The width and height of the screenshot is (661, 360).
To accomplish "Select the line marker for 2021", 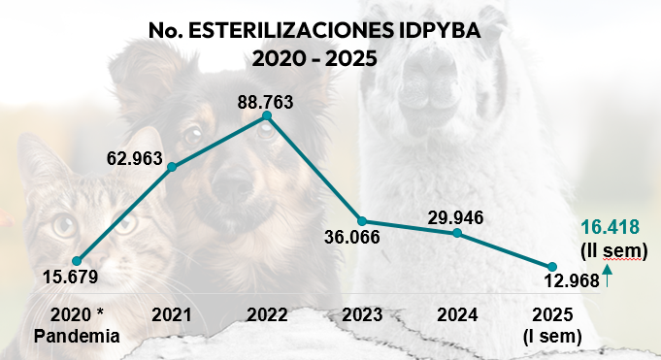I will (173, 167).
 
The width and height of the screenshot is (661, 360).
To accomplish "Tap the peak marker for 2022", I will (267, 116).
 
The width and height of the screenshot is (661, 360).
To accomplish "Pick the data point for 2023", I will (361, 221).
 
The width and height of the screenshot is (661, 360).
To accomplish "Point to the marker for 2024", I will (456, 233).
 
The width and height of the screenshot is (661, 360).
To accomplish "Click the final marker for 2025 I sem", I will (551, 267).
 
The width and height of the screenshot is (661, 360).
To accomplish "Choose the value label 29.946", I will (456, 215).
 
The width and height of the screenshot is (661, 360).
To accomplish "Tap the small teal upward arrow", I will (607, 279).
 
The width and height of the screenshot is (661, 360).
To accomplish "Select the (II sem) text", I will (614, 251).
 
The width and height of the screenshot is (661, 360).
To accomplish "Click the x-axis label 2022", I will (267, 315).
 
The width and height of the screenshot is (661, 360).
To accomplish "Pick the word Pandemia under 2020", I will (76, 337).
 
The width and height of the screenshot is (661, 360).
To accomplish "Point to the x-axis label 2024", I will (456, 315).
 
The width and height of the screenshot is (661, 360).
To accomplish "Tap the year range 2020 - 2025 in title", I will (314, 58).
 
